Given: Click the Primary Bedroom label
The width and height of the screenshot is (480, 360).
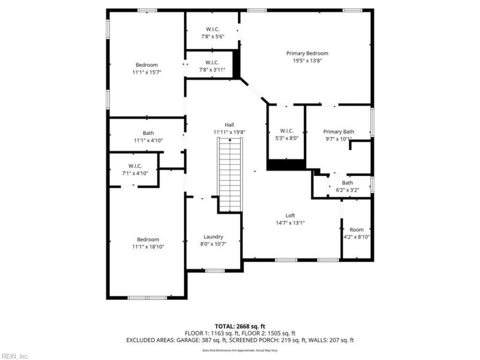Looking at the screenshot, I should click(307, 53).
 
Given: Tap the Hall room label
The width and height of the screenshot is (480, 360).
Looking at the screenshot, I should click(229, 124).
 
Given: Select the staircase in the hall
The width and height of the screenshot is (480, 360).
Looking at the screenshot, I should click(229, 174).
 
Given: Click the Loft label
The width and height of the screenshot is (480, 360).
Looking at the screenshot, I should click(290, 215).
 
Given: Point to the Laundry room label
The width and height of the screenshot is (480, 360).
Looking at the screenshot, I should click(213, 236).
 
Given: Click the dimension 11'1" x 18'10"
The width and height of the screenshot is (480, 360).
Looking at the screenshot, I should click(148, 247).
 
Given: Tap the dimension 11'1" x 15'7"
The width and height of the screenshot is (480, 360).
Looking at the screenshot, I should click(146, 72).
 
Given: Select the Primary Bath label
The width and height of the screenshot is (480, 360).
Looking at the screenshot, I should click(339, 131).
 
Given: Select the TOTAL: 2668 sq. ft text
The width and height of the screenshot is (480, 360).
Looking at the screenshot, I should click(240, 326).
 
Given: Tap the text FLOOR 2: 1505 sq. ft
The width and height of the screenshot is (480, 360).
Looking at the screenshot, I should click(267, 333).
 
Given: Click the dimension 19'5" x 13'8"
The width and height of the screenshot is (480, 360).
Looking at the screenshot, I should click(307, 61).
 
